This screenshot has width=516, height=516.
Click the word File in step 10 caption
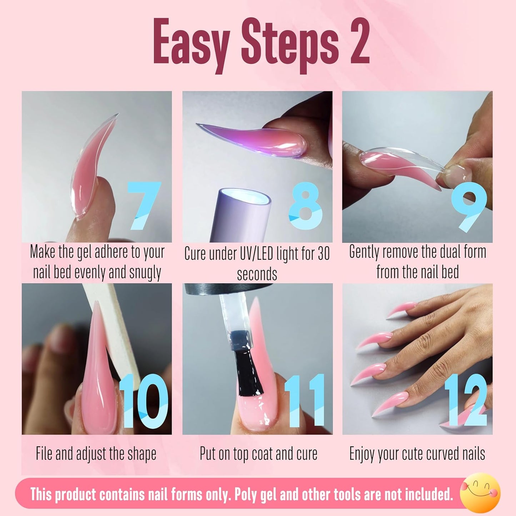(x=44, y=454)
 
